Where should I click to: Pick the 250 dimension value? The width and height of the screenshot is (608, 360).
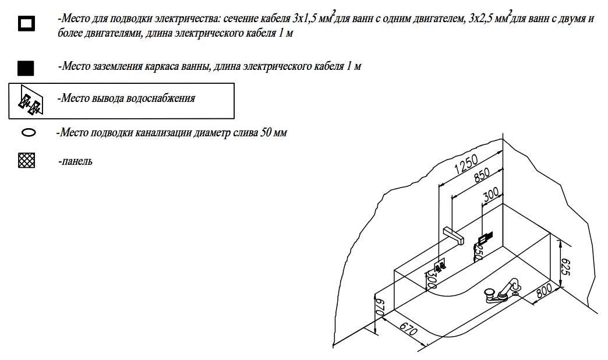pos(477,251)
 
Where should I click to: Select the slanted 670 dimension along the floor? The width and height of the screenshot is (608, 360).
pos(409,331)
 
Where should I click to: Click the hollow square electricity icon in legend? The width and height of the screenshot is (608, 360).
pos(26,24)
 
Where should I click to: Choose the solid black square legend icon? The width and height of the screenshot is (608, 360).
pos(26,68)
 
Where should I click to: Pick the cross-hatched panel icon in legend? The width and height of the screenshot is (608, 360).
pos(27,161)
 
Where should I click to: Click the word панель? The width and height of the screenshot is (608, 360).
pos(75,161)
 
